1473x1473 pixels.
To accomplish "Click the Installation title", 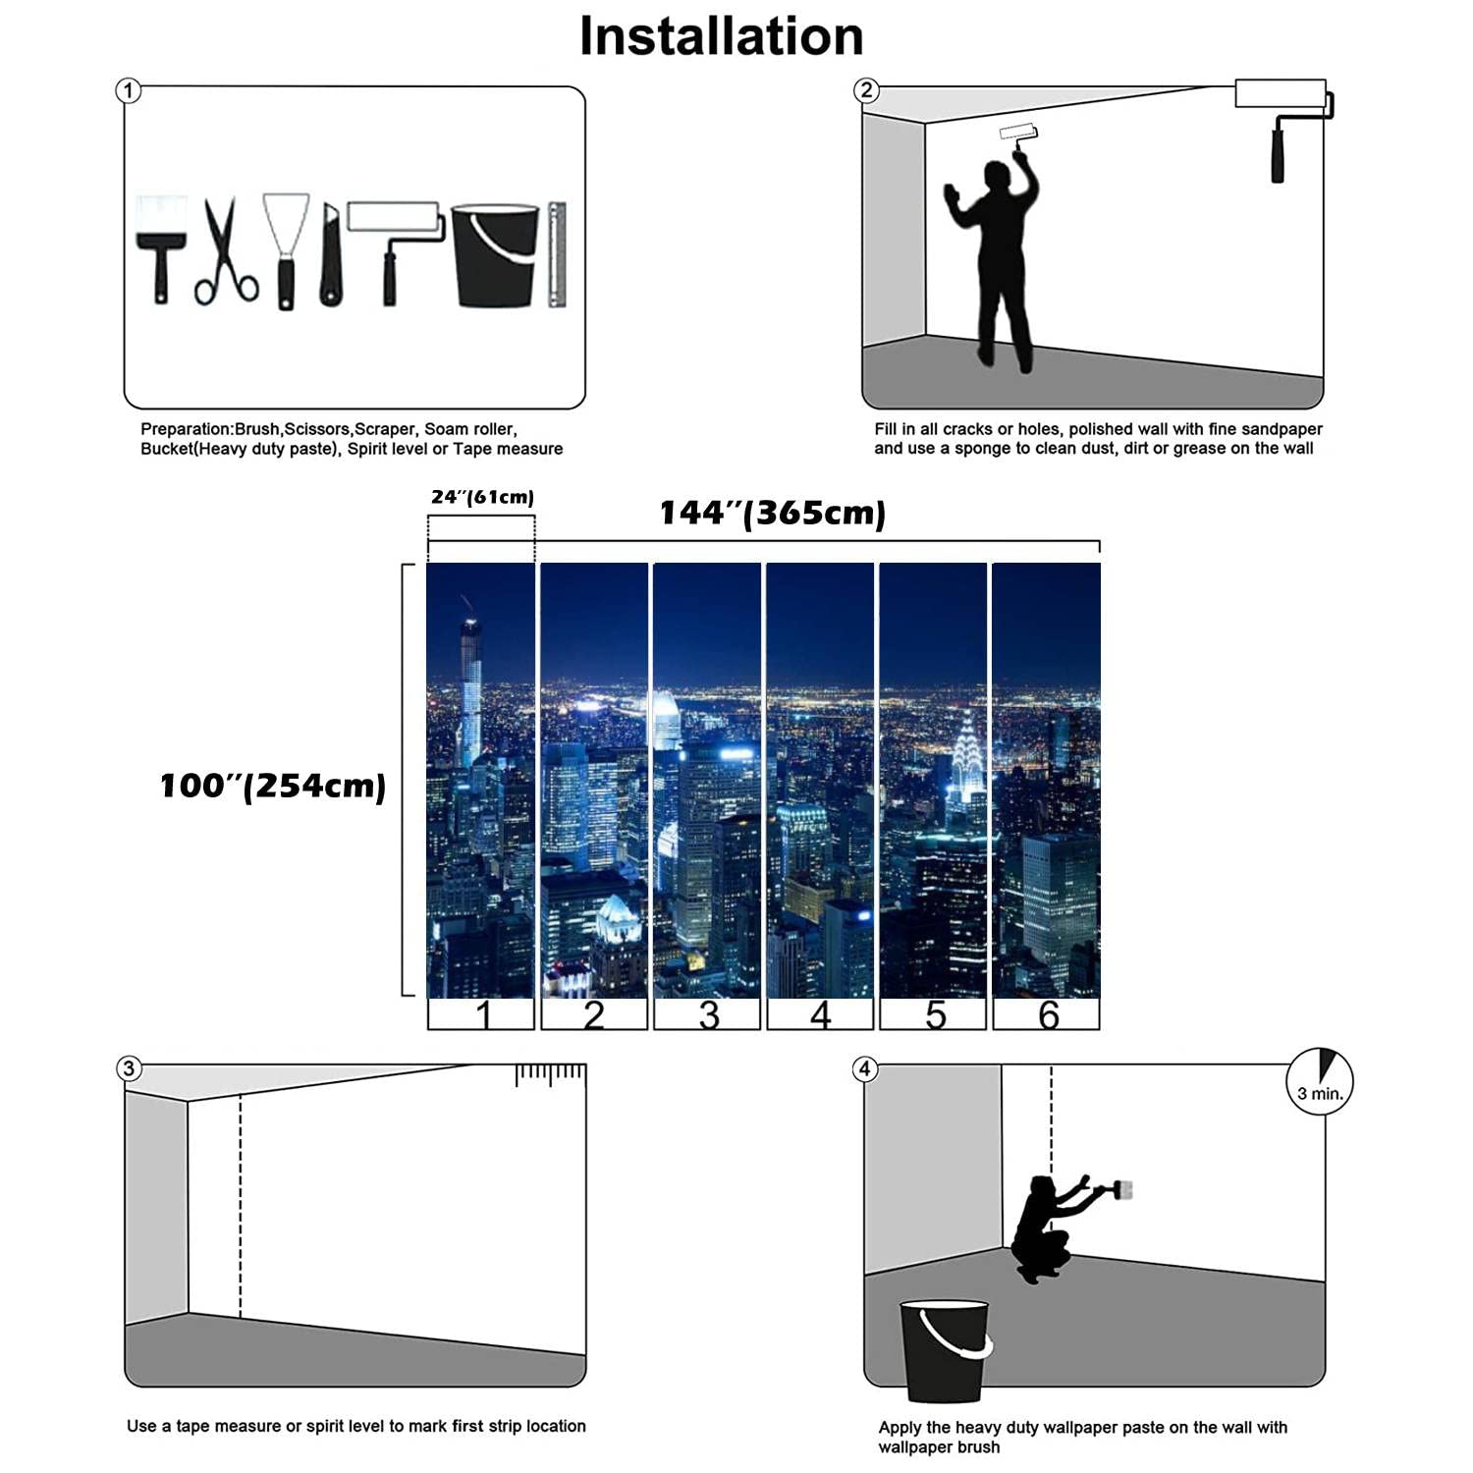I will [x=721, y=37].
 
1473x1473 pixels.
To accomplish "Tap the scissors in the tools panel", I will [x=225, y=253].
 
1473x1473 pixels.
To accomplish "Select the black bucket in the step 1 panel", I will [x=495, y=255].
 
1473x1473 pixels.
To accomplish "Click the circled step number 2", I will [x=865, y=90].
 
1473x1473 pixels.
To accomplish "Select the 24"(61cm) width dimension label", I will [x=482, y=497].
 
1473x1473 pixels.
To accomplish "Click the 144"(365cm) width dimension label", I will [x=772, y=513].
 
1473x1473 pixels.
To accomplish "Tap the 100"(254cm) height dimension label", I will [x=273, y=786].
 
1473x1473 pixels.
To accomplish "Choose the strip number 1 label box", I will [x=481, y=1014].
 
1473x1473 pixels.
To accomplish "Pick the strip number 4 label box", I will [x=820, y=1014].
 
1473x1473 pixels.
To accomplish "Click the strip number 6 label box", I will [x=1047, y=1014].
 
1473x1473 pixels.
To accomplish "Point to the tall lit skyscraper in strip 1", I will [x=471, y=687].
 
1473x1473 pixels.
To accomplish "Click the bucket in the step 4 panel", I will [x=945, y=1350].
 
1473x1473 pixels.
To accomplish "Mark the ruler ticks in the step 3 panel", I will [x=551, y=1075].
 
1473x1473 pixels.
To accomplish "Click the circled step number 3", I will [x=129, y=1068].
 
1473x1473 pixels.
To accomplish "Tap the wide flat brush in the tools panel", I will [x=161, y=245].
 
